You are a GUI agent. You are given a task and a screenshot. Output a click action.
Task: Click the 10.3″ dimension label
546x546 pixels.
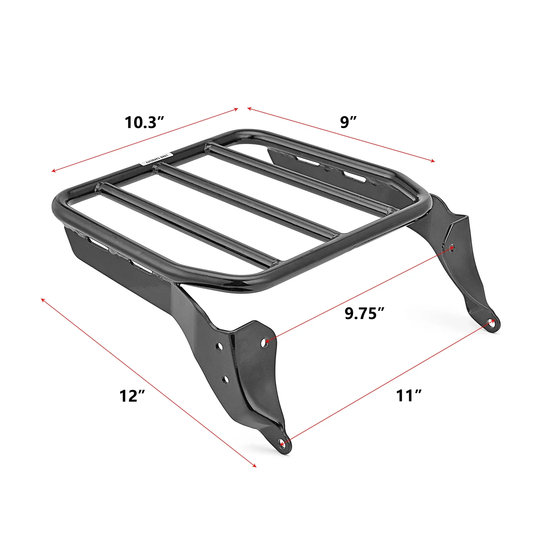[x=145, y=123]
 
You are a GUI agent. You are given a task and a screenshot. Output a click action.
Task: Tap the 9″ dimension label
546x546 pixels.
[x=348, y=123]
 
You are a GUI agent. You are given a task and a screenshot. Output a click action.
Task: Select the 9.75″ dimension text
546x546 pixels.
[x=365, y=313]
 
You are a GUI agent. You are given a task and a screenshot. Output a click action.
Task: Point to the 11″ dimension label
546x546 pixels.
[x=409, y=396]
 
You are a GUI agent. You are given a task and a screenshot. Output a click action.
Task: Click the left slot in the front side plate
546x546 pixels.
[x=97, y=243]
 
